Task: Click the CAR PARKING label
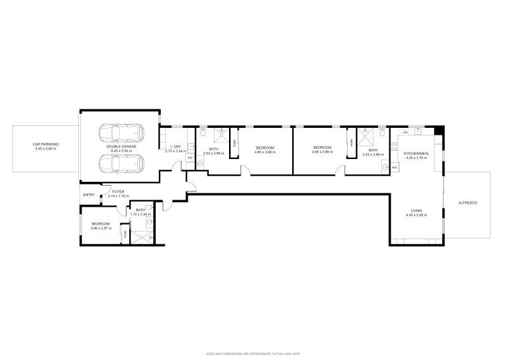(45, 144)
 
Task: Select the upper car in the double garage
(120, 134)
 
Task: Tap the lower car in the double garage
(120, 163)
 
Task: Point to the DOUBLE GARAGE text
(120, 146)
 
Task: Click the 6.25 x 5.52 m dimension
(120, 151)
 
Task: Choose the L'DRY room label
(175, 147)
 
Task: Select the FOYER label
(118, 191)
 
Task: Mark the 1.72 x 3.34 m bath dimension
(140, 214)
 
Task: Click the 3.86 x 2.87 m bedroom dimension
(101, 228)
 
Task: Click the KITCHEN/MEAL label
(416, 153)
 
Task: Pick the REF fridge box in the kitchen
(394, 167)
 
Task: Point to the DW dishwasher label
(405, 132)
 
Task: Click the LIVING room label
(416, 211)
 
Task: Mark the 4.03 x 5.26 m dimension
(416, 215)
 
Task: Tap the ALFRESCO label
(467, 202)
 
